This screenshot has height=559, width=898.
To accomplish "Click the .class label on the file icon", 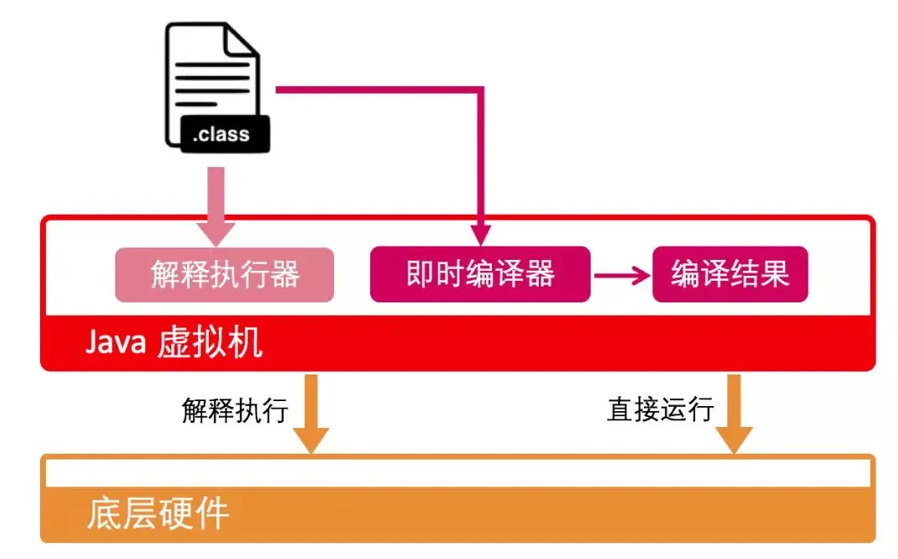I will (x=221, y=134).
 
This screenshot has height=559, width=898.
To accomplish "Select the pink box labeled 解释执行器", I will (x=224, y=274).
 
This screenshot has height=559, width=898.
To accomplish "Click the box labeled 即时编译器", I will (x=479, y=274).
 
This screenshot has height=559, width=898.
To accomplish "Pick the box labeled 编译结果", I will (x=729, y=274).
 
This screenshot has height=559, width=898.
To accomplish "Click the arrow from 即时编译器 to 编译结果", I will (x=621, y=274).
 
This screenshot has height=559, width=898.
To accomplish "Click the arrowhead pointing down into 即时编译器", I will (x=479, y=233).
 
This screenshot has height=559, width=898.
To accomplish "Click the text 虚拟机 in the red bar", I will (x=209, y=343).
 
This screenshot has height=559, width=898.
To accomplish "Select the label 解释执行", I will (x=235, y=409).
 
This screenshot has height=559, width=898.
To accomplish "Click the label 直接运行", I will (x=660, y=409).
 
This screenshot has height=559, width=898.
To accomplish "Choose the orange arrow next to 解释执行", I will (x=312, y=413).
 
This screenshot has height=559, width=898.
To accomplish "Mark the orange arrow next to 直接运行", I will (x=734, y=413).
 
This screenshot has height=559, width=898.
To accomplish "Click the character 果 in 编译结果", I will (x=774, y=274).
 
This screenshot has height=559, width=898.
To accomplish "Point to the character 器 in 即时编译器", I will (x=540, y=274).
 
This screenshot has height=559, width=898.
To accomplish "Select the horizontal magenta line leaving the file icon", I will (x=376, y=88).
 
